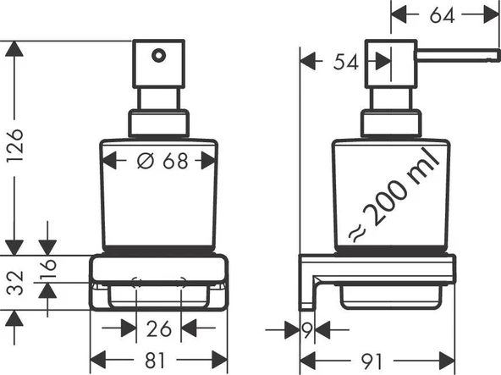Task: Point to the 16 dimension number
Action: click(x=50, y=269)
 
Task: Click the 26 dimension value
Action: click(x=158, y=327)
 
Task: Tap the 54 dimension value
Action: click(x=345, y=60)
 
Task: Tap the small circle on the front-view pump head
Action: click(x=157, y=58)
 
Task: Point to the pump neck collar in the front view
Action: click(x=158, y=123)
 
